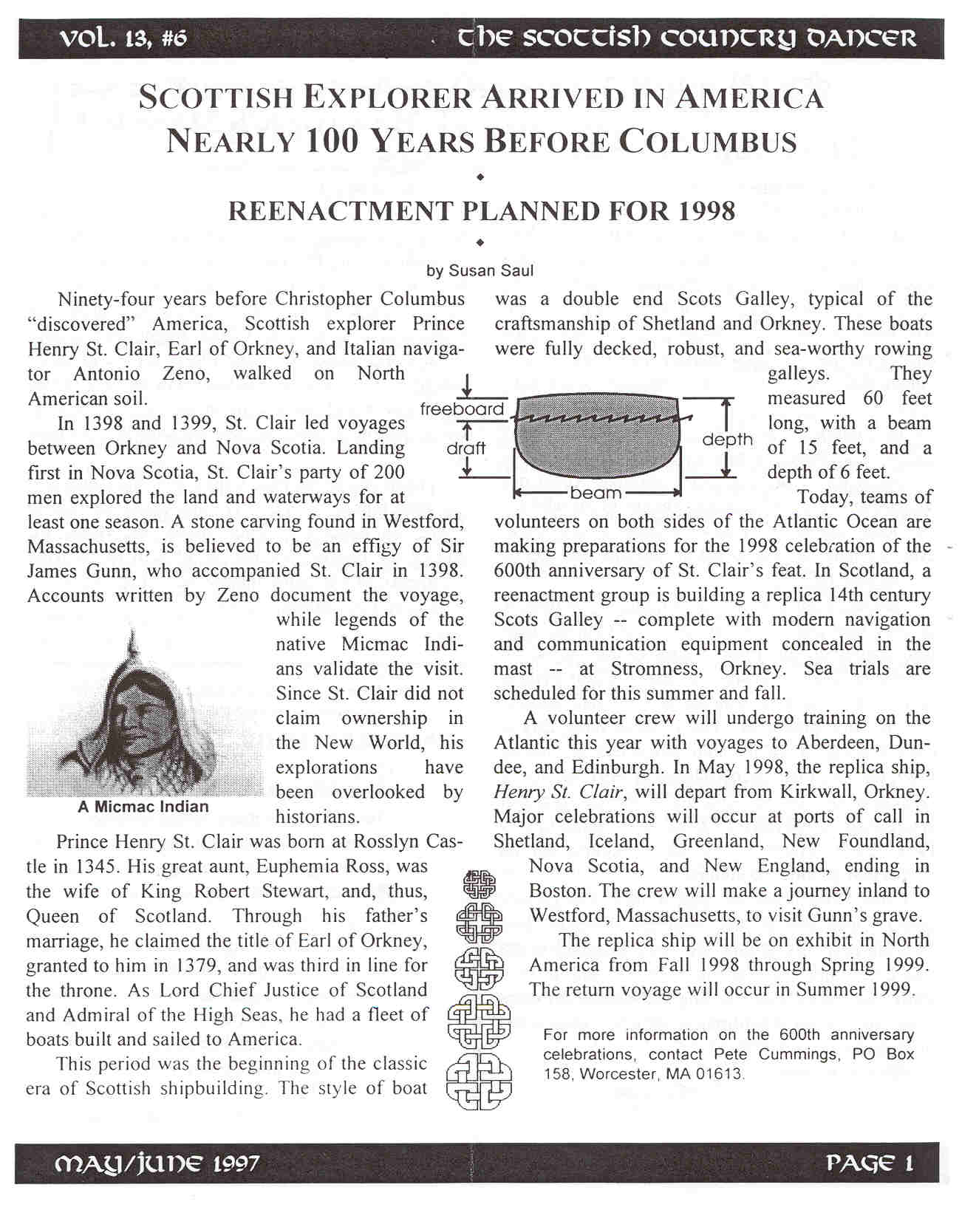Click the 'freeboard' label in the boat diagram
462,409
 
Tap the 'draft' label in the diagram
465,448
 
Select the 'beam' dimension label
596,493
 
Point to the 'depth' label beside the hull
727,440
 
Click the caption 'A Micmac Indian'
143,807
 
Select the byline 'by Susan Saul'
480,270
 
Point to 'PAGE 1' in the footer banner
870,1164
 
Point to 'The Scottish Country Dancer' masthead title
686,38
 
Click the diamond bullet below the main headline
480,177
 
